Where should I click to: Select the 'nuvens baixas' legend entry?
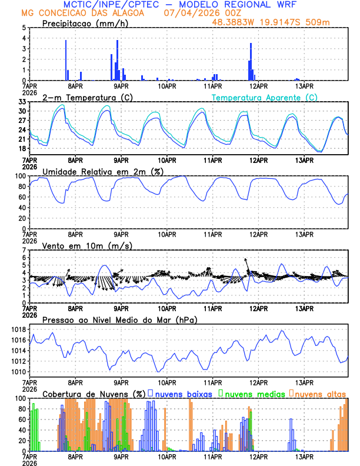coord(183,393)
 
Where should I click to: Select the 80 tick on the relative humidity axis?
coord(22,187)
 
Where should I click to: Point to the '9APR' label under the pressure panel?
coord(121,382)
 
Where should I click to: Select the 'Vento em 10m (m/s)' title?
coord(79,245)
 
